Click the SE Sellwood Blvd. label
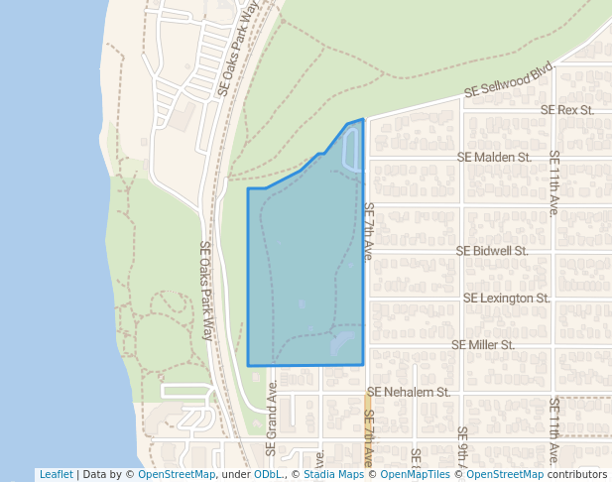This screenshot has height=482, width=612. [x=508, y=80]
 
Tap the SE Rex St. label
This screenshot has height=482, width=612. [x=567, y=110]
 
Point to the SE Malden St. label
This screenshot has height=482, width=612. [x=494, y=157]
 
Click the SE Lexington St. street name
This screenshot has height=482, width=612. [x=506, y=298]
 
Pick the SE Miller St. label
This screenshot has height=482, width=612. [x=483, y=344]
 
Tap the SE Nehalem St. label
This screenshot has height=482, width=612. [x=409, y=392]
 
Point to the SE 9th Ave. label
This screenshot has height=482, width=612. [x=462, y=447]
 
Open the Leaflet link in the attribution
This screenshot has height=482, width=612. [x=56, y=474]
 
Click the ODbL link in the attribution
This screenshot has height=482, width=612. [x=268, y=474]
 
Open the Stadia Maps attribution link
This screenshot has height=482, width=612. [x=331, y=474]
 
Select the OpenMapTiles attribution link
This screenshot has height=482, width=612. [x=411, y=474]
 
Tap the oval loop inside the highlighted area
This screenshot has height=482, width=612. [x=350, y=149]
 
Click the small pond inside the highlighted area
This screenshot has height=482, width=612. [x=343, y=345]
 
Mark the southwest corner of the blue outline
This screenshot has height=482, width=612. [x=248, y=365]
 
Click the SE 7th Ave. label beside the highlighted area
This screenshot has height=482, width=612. [x=368, y=232]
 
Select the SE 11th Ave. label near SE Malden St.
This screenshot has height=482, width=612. [x=554, y=183]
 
